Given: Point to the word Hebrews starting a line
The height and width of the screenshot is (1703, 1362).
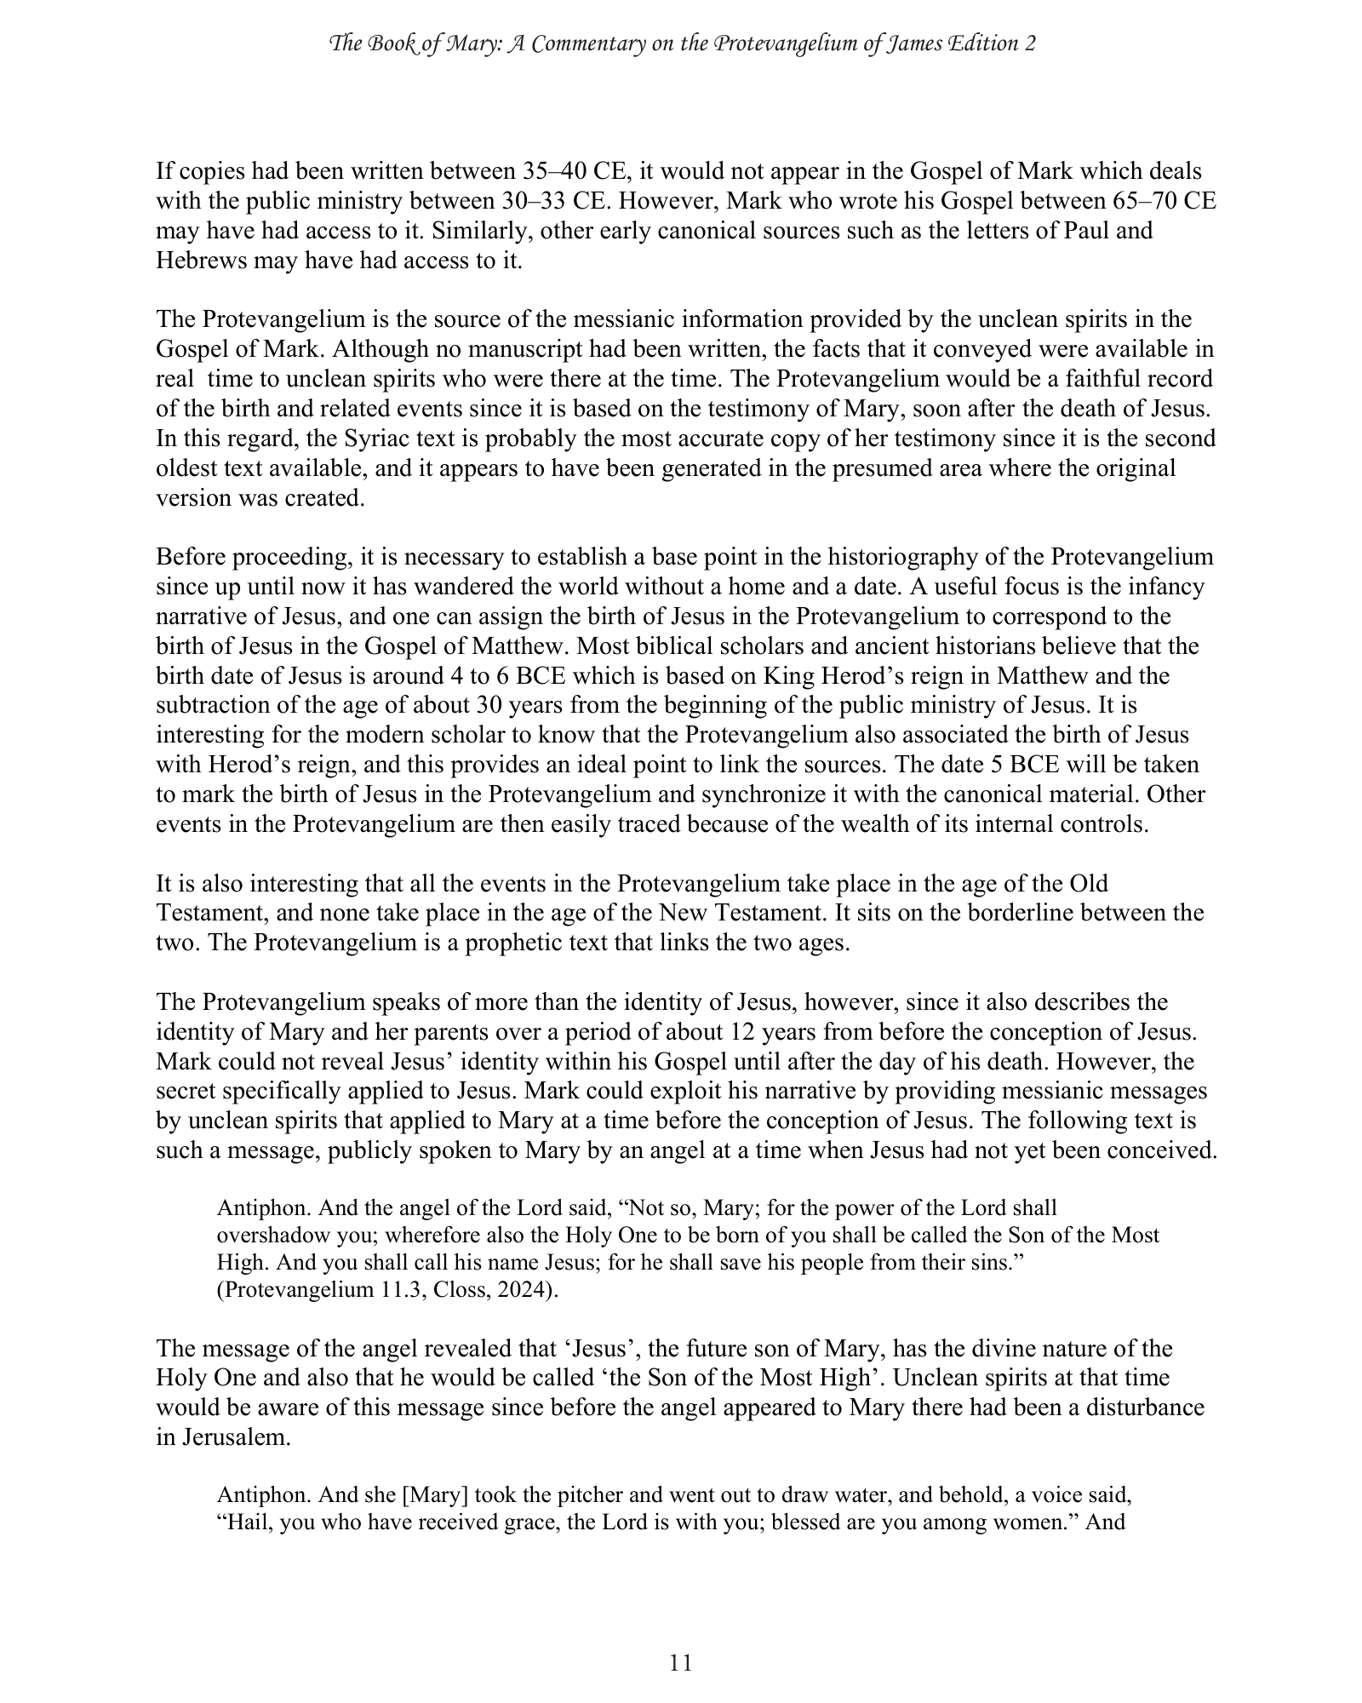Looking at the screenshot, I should tap(198, 261).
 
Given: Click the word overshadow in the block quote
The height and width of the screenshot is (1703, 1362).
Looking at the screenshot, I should tap(272, 1235).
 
